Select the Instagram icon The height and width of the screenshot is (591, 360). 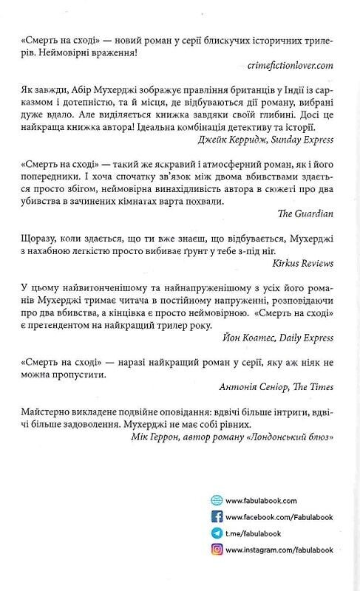[217, 549]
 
